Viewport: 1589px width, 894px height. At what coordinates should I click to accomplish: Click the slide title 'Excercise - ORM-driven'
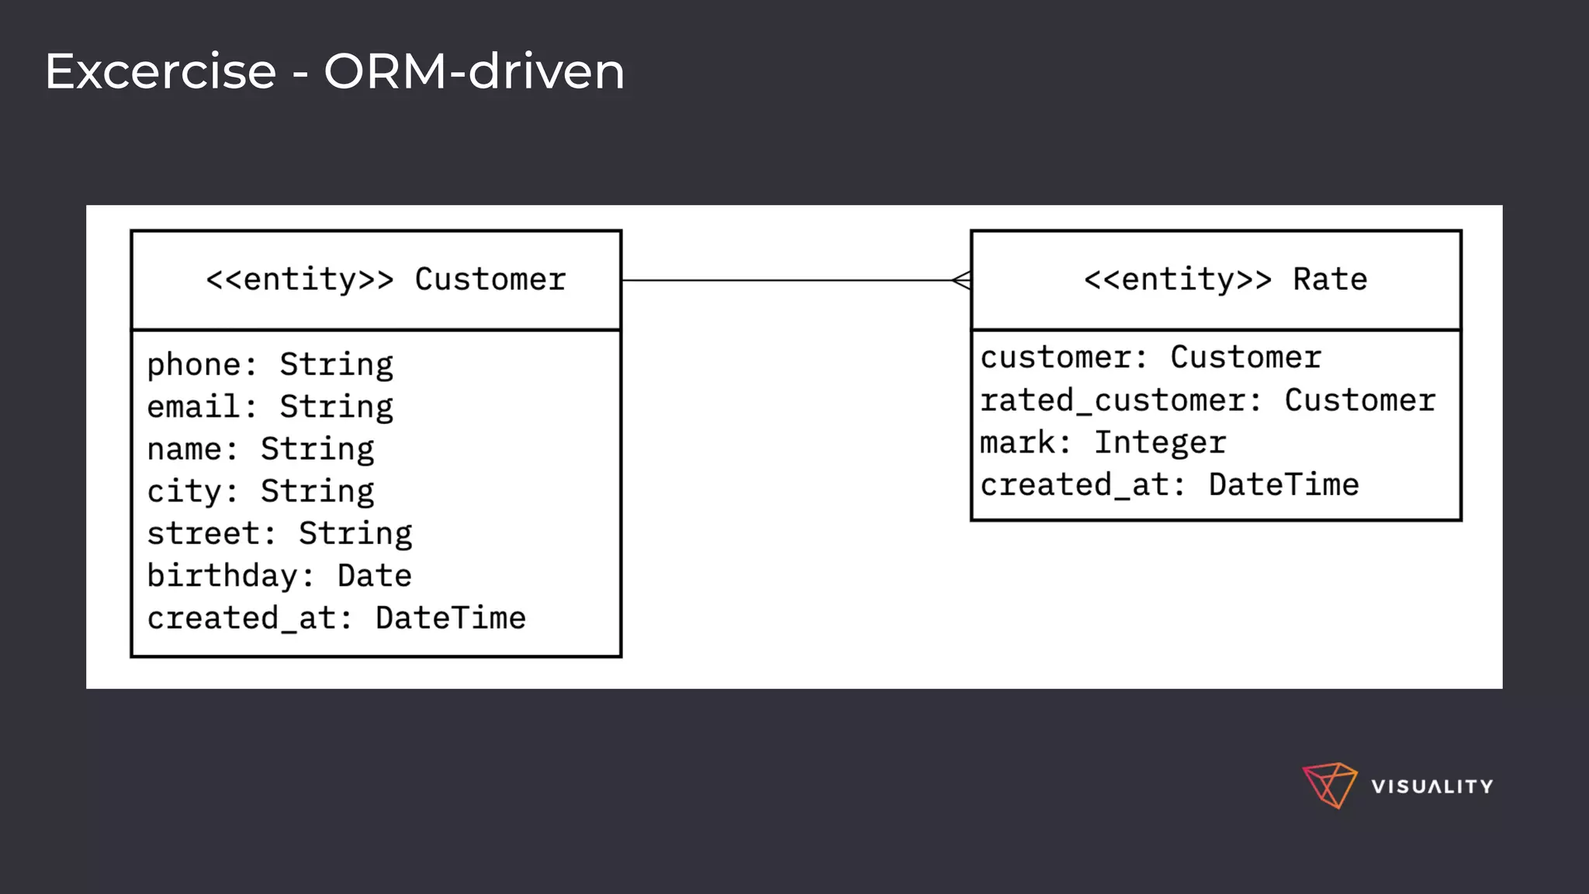(x=334, y=71)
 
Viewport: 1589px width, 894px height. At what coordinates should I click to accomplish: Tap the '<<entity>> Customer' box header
(x=386, y=279)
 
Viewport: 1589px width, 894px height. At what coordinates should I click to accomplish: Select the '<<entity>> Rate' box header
(x=1225, y=279)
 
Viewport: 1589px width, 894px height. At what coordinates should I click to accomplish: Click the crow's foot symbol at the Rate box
(x=962, y=280)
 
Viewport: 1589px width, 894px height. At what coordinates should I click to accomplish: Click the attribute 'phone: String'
(x=270, y=365)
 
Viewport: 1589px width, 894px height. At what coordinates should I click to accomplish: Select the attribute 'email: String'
(x=270, y=407)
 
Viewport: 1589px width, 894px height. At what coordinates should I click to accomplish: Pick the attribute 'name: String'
(x=261, y=449)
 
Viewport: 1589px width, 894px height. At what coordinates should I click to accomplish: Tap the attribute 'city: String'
(x=261, y=491)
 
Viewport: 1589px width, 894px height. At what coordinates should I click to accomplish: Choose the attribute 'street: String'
(x=279, y=534)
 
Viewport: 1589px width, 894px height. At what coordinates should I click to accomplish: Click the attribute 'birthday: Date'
(x=279, y=576)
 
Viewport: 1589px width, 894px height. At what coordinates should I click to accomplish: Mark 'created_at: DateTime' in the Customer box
(x=336, y=619)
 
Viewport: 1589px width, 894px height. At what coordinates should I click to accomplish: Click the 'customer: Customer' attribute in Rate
(x=1150, y=358)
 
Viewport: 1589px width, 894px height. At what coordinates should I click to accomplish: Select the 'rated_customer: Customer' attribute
(x=1207, y=400)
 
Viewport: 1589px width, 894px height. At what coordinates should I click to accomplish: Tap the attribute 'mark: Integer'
(x=1103, y=443)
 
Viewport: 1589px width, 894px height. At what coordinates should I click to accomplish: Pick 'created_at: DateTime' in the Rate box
(x=1169, y=485)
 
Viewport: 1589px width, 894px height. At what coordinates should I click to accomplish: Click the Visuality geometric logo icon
(x=1329, y=785)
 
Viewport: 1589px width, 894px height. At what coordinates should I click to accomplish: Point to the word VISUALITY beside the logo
(x=1431, y=786)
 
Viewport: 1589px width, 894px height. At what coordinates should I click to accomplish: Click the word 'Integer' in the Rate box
(x=1160, y=443)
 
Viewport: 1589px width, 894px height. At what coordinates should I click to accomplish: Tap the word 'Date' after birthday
(x=374, y=576)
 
